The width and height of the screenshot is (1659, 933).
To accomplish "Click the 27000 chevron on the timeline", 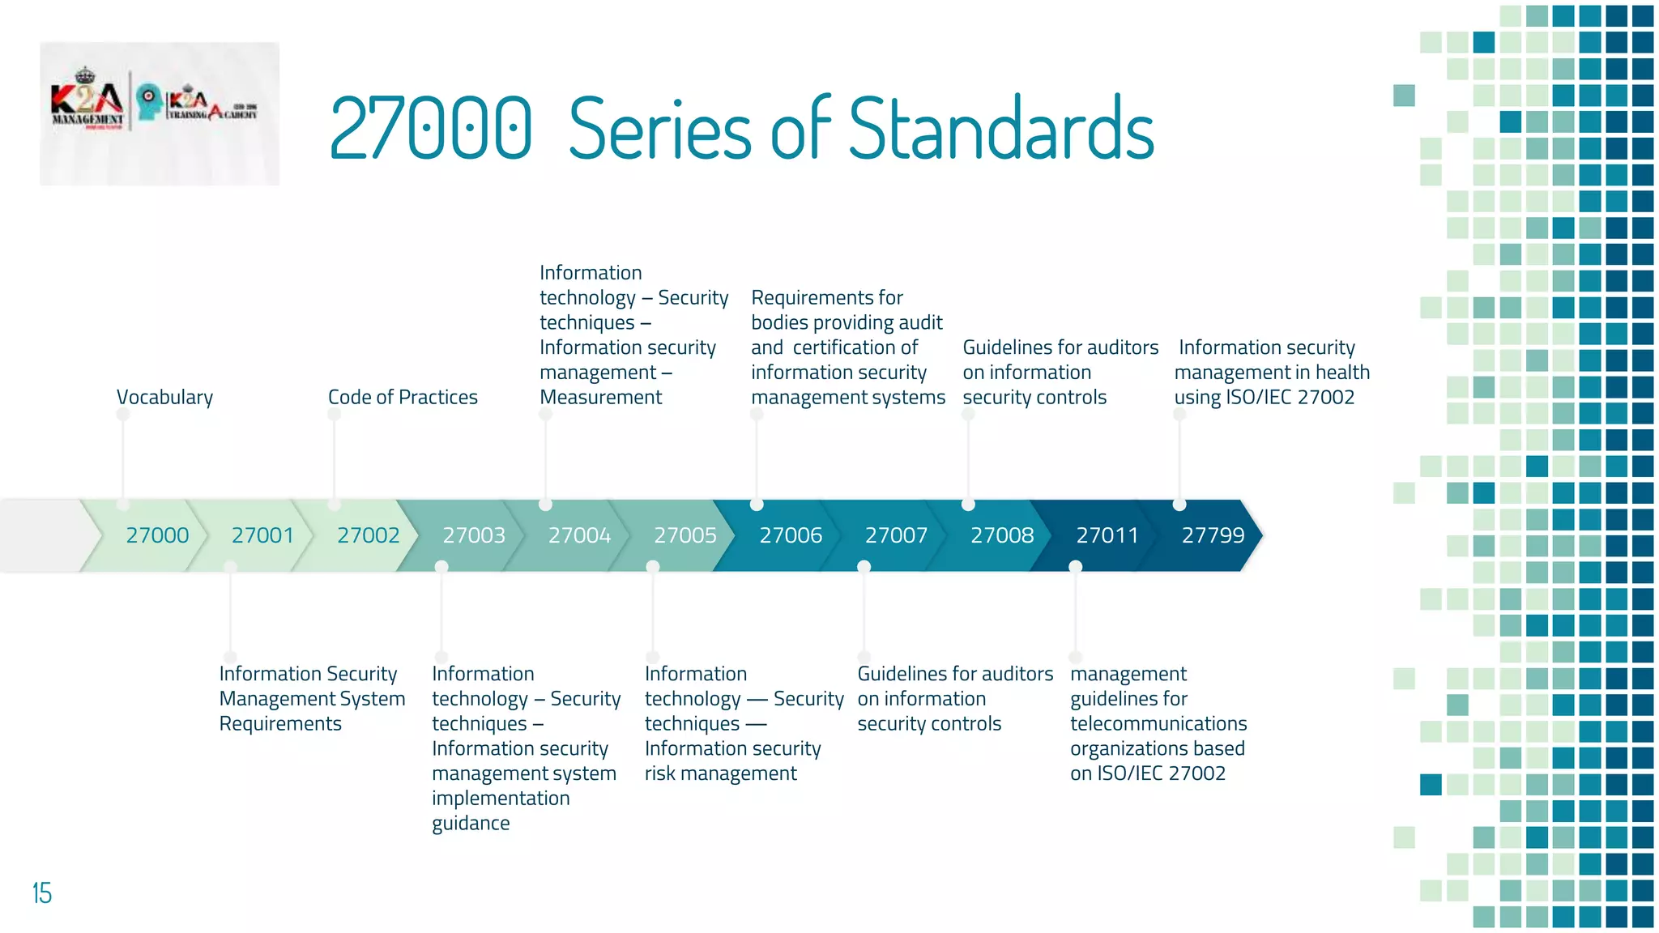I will [x=157, y=535].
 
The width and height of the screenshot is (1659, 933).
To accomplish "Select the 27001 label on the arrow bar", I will [x=262, y=535].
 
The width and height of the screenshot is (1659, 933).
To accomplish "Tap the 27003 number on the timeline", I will [x=474, y=535].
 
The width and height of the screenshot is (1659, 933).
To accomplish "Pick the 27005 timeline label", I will [x=685, y=535].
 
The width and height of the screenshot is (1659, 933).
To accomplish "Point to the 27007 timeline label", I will [x=896, y=535].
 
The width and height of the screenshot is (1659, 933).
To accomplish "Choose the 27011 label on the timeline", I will [x=1107, y=535].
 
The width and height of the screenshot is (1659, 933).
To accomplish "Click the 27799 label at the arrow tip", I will [x=1213, y=535].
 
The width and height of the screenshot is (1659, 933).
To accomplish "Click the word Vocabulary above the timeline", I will [x=164, y=398].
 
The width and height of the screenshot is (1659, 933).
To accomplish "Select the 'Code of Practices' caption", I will [x=403, y=398].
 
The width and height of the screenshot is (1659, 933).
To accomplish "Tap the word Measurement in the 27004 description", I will [x=600, y=398].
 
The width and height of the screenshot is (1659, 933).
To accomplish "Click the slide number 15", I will [x=42, y=893].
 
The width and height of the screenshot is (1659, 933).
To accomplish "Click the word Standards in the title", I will [x=1001, y=129].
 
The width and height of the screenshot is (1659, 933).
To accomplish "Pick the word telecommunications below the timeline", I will [x=1158, y=723].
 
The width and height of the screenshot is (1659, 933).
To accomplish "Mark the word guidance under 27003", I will [x=471, y=824].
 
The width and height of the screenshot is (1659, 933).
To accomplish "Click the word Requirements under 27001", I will [x=280, y=723].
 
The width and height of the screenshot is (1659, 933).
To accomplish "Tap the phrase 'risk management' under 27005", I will [x=720, y=773].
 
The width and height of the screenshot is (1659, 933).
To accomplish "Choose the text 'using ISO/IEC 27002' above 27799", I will [x=1264, y=398].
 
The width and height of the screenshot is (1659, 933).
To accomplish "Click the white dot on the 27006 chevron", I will [x=757, y=505].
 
